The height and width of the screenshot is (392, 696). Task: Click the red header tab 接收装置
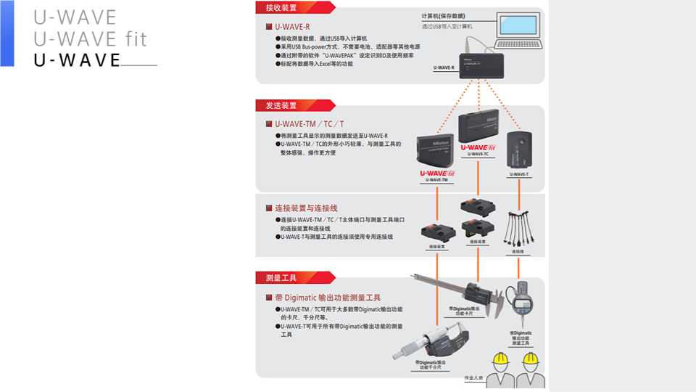tap(281, 8)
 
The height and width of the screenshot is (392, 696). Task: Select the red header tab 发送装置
tap(281, 105)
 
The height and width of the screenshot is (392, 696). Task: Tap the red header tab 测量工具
tap(281, 277)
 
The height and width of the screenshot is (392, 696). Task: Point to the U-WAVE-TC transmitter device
tap(478, 128)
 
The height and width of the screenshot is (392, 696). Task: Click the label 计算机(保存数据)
tap(443, 16)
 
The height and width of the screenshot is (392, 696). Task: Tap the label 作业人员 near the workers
tap(473, 378)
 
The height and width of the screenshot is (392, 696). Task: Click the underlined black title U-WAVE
tap(77, 60)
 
